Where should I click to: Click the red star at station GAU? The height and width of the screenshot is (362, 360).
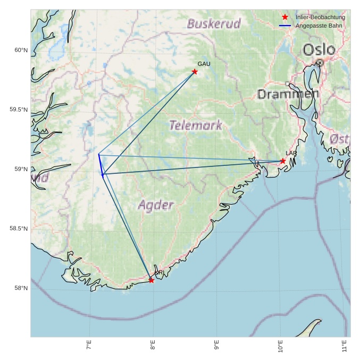[x=195, y=72]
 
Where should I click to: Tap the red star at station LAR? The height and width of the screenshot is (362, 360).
[x=283, y=161]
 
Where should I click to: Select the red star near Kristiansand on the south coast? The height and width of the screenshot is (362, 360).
[x=152, y=280]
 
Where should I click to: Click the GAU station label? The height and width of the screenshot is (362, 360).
[x=204, y=64]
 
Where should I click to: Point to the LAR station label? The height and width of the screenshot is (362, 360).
[x=291, y=153]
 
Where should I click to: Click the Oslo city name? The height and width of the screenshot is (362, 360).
[x=319, y=50]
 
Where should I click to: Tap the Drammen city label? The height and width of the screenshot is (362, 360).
[x=288, y=95]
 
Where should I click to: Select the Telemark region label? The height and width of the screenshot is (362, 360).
[x=195, y=125]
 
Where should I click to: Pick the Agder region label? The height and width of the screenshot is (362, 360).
[x=156, y=205]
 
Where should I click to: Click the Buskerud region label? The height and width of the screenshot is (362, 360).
[x=214, y=23]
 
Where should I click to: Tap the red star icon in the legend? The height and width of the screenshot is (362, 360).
[x=285, y=18]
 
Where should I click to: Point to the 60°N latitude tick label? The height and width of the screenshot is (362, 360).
[x=20, y=50]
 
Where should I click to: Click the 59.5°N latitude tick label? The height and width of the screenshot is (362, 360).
[x=18, y=110]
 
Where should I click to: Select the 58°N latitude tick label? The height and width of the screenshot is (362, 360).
[x=20, y=289]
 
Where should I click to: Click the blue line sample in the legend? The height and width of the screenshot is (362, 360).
[x=285, y=26]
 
